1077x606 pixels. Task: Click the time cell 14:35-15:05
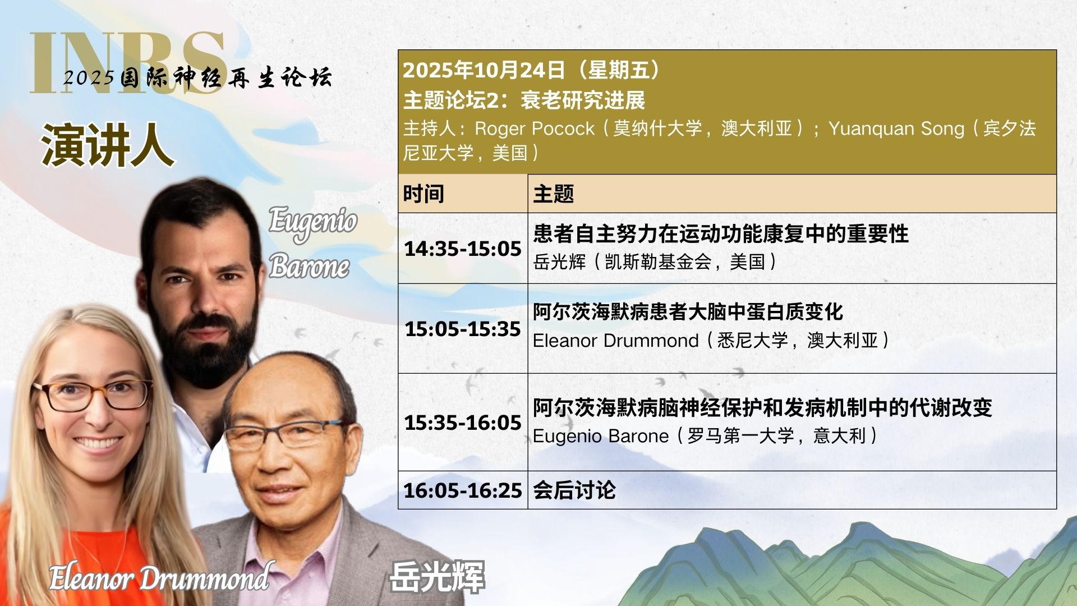click(x=463, y=249)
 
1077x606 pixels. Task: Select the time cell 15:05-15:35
click(x=463, y=329)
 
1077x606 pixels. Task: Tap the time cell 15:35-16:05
click(x=463, y=423)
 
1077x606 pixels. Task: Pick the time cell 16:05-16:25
click(x=463, y=490)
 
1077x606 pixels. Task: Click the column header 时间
click(x=424, y=194)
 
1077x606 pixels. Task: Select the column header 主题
click(x=554, y=194)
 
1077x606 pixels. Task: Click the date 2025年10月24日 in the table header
click(x=484, y=70)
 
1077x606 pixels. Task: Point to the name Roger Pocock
click(x=534, y=128)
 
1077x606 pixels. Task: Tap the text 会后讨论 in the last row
click(x=574, y=490)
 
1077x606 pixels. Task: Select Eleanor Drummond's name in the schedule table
click(x=615, y=341)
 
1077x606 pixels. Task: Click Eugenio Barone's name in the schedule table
click(x=601, y=436)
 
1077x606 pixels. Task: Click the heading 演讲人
click(x=107, y=145)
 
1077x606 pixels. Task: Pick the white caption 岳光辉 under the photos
click(x=437, y=576)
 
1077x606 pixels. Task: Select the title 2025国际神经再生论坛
click(x=197, y=77)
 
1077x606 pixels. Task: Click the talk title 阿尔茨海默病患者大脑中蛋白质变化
click(x=688, y=312)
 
